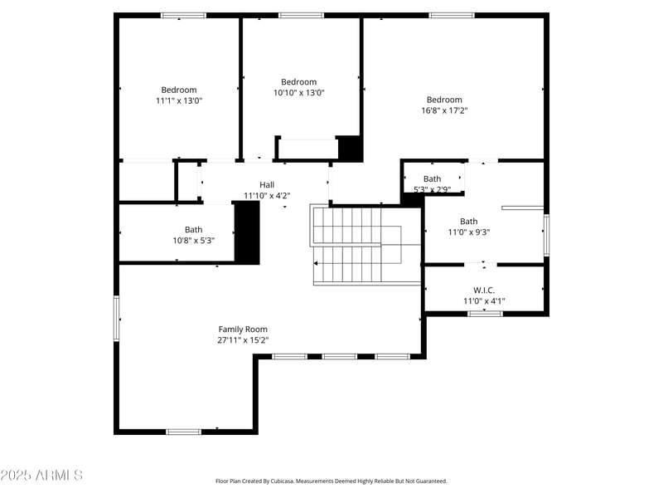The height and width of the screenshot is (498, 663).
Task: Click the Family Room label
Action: pos(243,330)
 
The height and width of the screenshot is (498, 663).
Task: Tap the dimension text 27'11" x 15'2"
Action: pos(243,340)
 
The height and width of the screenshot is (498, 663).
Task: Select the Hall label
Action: pos(267,185)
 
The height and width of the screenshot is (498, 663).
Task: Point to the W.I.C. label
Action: pos(478,290)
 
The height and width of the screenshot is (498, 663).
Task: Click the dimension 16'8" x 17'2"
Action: pos(444,110)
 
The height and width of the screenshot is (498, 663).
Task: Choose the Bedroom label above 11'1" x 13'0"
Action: pos(179,90)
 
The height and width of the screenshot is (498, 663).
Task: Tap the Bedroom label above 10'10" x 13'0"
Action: pos(298,82)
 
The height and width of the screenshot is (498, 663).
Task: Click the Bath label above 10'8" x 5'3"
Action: pos(193,230)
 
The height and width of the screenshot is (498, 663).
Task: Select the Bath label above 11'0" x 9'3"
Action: pos(469,222)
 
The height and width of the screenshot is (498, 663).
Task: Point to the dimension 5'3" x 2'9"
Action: pos(432,189)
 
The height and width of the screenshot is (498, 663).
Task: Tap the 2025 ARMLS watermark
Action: pos(41,476)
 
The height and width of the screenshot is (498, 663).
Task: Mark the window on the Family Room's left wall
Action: pos(117,319)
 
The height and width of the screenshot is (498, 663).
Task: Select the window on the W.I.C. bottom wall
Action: pos(485,314)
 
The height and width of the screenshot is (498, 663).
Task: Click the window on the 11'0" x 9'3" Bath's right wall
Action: pos(545,235)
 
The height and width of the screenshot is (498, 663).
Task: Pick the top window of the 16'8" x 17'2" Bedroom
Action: pos(452,15)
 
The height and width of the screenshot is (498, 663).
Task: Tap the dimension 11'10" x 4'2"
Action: pos(267,196)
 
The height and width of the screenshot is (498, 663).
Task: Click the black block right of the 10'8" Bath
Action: pos(247,232)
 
